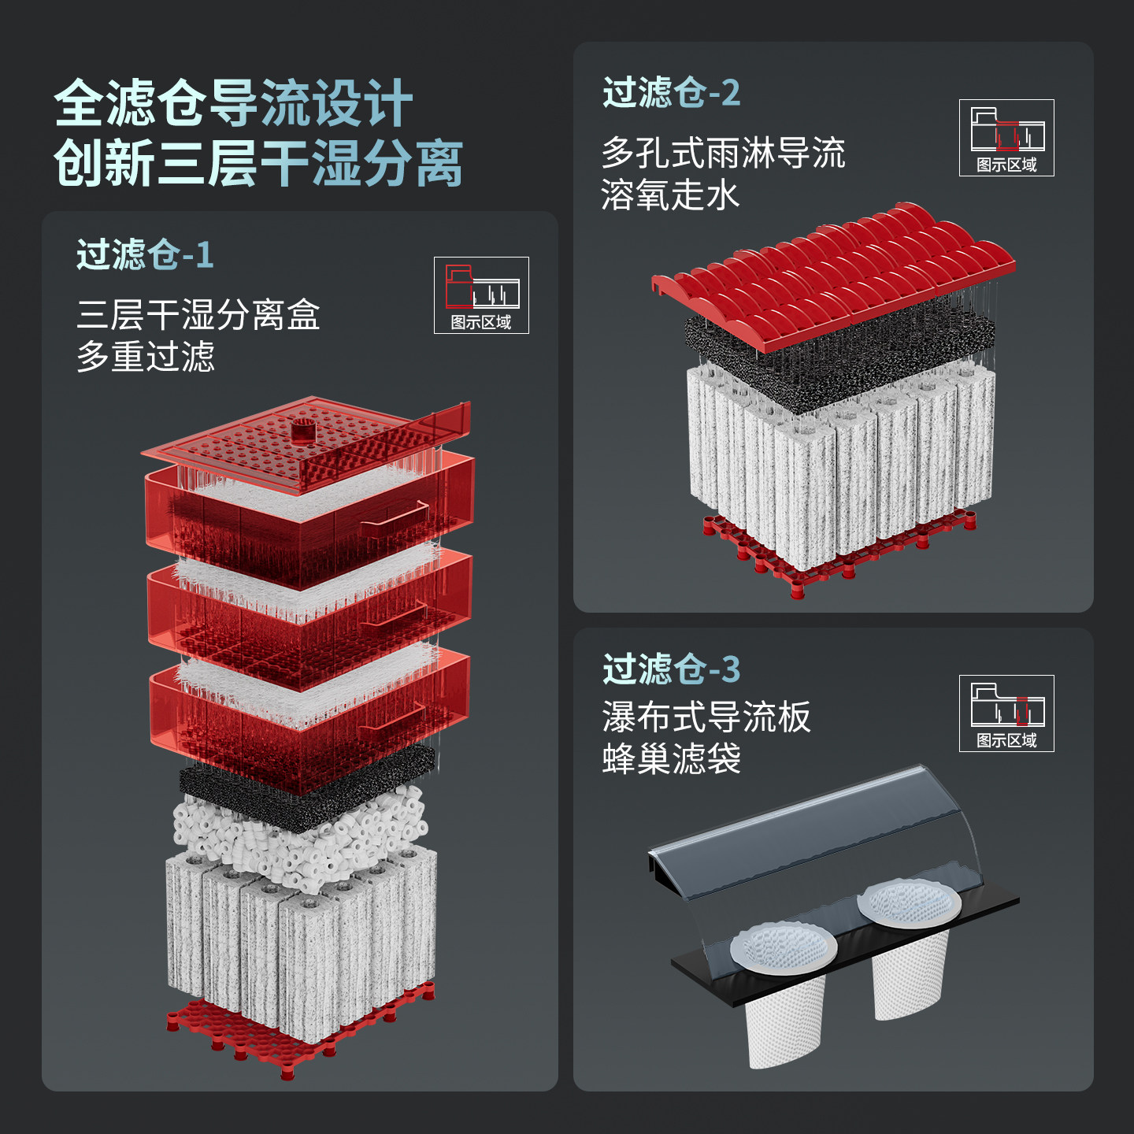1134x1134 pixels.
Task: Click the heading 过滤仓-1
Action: [x=145, y=255]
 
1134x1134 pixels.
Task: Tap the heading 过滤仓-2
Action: [x=671, y=93]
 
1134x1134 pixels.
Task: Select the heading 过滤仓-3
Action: [x=671, y=669]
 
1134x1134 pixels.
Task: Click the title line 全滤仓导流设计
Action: [x=233, y=103]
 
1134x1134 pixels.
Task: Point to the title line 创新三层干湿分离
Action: [x=258, y=164]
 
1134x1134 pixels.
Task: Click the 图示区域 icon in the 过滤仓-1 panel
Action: [x=481, y=295]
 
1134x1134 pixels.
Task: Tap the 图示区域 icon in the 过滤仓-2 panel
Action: [x=1006, y=138]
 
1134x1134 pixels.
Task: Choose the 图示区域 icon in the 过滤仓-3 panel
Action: [x=1006, y=713]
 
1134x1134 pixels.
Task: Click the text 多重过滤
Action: [x=146, y=357]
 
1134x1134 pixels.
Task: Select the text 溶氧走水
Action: [x=670, y=195]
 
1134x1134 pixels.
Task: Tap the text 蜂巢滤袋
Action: [x=671, y=759]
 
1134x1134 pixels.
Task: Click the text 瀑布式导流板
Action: [x=706, y=717]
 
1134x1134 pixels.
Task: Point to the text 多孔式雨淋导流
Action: [x=723, y=153]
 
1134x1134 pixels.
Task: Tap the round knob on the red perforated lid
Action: [x=302, y=430]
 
